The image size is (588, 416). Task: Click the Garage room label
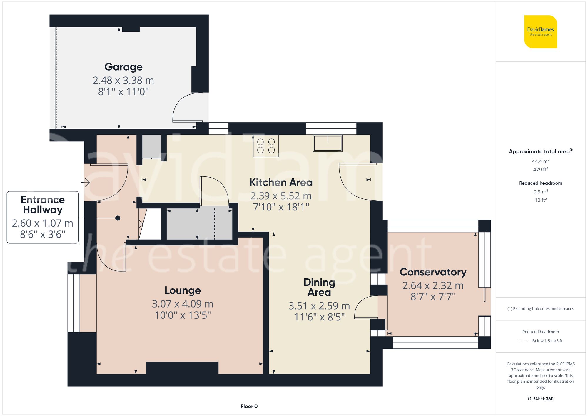click(123, 67)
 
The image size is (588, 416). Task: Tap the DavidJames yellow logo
click(540, 32)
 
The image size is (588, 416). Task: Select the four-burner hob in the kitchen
click(266, 146)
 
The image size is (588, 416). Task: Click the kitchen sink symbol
click(328, 143)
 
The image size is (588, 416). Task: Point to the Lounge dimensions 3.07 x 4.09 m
click(183, 304)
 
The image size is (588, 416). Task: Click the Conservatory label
click(433, 272)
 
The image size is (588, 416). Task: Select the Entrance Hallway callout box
click(43, 217)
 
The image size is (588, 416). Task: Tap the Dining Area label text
click(319, 287)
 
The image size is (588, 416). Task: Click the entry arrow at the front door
click(86, 183)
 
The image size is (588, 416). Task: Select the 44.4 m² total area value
click(540, 161)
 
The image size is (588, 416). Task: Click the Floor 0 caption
click(249, 406)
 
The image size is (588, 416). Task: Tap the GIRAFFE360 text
click(540, 399)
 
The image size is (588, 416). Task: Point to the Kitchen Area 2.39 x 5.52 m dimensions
click(281, 196)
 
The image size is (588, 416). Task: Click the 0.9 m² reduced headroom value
click(540, 192)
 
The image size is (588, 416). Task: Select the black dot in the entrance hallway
click(118, 218)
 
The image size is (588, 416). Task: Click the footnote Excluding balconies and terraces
click(540, 309)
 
